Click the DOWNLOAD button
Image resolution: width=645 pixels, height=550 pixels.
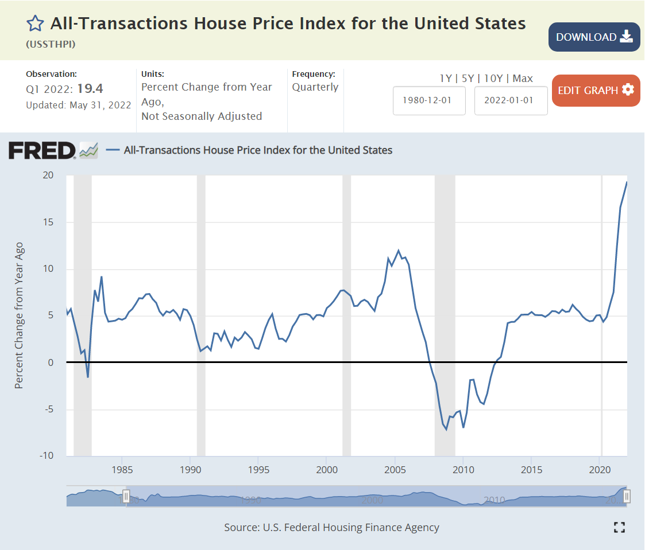point(594,37)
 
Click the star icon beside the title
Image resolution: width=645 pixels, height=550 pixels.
point(35,24)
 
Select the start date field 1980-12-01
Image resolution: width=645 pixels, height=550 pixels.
point(429,100)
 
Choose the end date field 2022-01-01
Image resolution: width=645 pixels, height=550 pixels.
point(511,100)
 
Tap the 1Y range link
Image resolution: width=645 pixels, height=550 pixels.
point(445,79)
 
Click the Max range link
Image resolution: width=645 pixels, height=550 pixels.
point(523,79)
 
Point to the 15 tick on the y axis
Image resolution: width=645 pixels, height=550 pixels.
point(48,223)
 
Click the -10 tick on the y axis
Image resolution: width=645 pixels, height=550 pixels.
point(46,457)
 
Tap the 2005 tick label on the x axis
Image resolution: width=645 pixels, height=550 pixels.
point(395,470)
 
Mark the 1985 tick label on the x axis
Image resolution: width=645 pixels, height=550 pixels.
point(122,470)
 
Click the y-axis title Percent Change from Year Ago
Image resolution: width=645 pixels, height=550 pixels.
point(20,315)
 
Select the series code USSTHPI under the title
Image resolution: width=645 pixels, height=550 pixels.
point(51,44)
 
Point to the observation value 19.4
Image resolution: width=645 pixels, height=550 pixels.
point(90,88)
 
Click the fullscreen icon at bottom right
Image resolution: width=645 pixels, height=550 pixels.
point(619,527)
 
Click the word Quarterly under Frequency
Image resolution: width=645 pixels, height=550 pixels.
point(315,87)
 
